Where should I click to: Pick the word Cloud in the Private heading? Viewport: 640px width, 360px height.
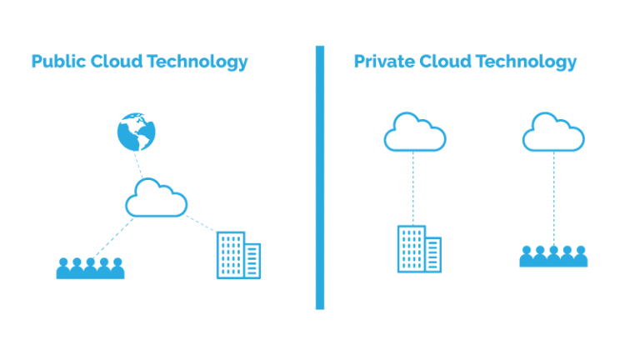click(x=442, y=62)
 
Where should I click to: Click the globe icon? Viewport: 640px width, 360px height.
click(x=137, y=132)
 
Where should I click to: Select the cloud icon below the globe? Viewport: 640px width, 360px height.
click(x=156, y=200)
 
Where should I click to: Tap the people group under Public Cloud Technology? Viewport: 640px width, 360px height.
click(x=90, y=267)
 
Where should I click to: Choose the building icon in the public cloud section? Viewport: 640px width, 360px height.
click(x=237, y=255)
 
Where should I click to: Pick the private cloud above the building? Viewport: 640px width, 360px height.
click(x=414, y=133)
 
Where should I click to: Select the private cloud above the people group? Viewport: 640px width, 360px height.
click(x=553, y=133)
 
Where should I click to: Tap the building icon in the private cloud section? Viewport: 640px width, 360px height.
click(x=418, y=248)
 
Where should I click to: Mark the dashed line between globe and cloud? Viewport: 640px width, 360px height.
click(x=139, y=165)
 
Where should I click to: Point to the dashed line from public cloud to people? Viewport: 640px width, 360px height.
click(x=112, y=237)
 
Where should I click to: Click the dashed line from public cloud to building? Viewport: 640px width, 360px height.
click(x=200, y=222)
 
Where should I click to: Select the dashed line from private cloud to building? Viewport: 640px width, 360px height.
click(x=413, y=187)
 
